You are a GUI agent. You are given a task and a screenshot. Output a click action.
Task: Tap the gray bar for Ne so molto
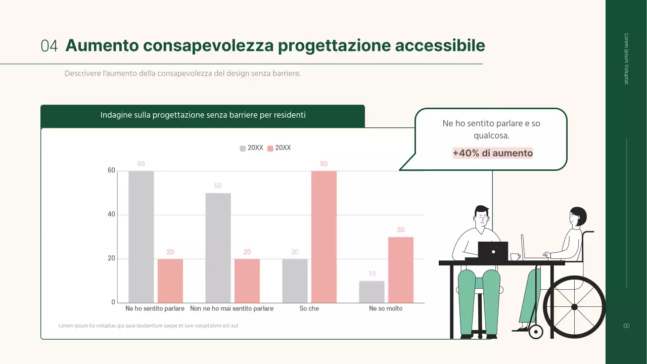372,292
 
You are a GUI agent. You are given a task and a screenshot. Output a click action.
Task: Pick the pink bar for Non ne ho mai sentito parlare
247,281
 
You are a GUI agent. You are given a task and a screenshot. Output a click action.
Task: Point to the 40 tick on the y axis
111,214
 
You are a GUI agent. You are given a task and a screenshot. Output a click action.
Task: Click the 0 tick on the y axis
113,302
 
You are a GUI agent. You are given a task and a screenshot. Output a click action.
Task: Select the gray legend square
243,148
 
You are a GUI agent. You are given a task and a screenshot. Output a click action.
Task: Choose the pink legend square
270,148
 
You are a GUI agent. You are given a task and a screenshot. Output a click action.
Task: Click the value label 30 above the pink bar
401,230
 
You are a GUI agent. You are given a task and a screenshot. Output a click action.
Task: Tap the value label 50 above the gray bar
218,186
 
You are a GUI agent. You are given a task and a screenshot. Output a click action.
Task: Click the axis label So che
309,308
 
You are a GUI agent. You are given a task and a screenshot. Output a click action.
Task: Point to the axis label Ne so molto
386,308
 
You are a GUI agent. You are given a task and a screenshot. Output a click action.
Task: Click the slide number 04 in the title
49,46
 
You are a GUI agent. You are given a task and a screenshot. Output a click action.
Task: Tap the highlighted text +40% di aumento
493,153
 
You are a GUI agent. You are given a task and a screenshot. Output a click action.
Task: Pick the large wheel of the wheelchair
574,307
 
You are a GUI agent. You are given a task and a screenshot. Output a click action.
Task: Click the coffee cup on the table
515,257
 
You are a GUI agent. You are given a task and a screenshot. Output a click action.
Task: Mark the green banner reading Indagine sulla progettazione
203,116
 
